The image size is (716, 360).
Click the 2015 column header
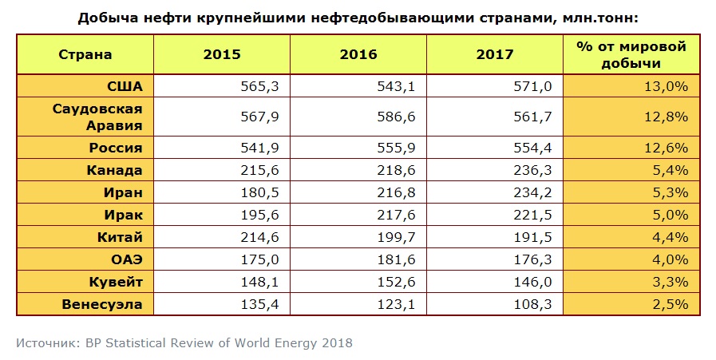pyautogui.click(x=221, y=55)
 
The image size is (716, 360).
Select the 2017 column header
pyautogui.click(x=494, y=55)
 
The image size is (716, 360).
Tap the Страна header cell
pyautogui.click(x=85, y=55)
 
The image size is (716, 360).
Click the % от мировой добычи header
pyautogui.click(x=631, y=55)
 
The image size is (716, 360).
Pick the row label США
pyautogui.click(x=125, y=85)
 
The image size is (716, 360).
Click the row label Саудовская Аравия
pyautogui.click(x=97, y=117)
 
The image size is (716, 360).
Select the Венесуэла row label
pyautogui.click(x=103, y=303)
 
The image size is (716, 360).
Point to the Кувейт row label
pyautogui.click(x=114, y=283)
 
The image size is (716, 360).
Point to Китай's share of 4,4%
pyautogui.click(x=671, y=236)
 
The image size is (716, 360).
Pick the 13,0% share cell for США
pyautogui.click(x=667, y=85)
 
